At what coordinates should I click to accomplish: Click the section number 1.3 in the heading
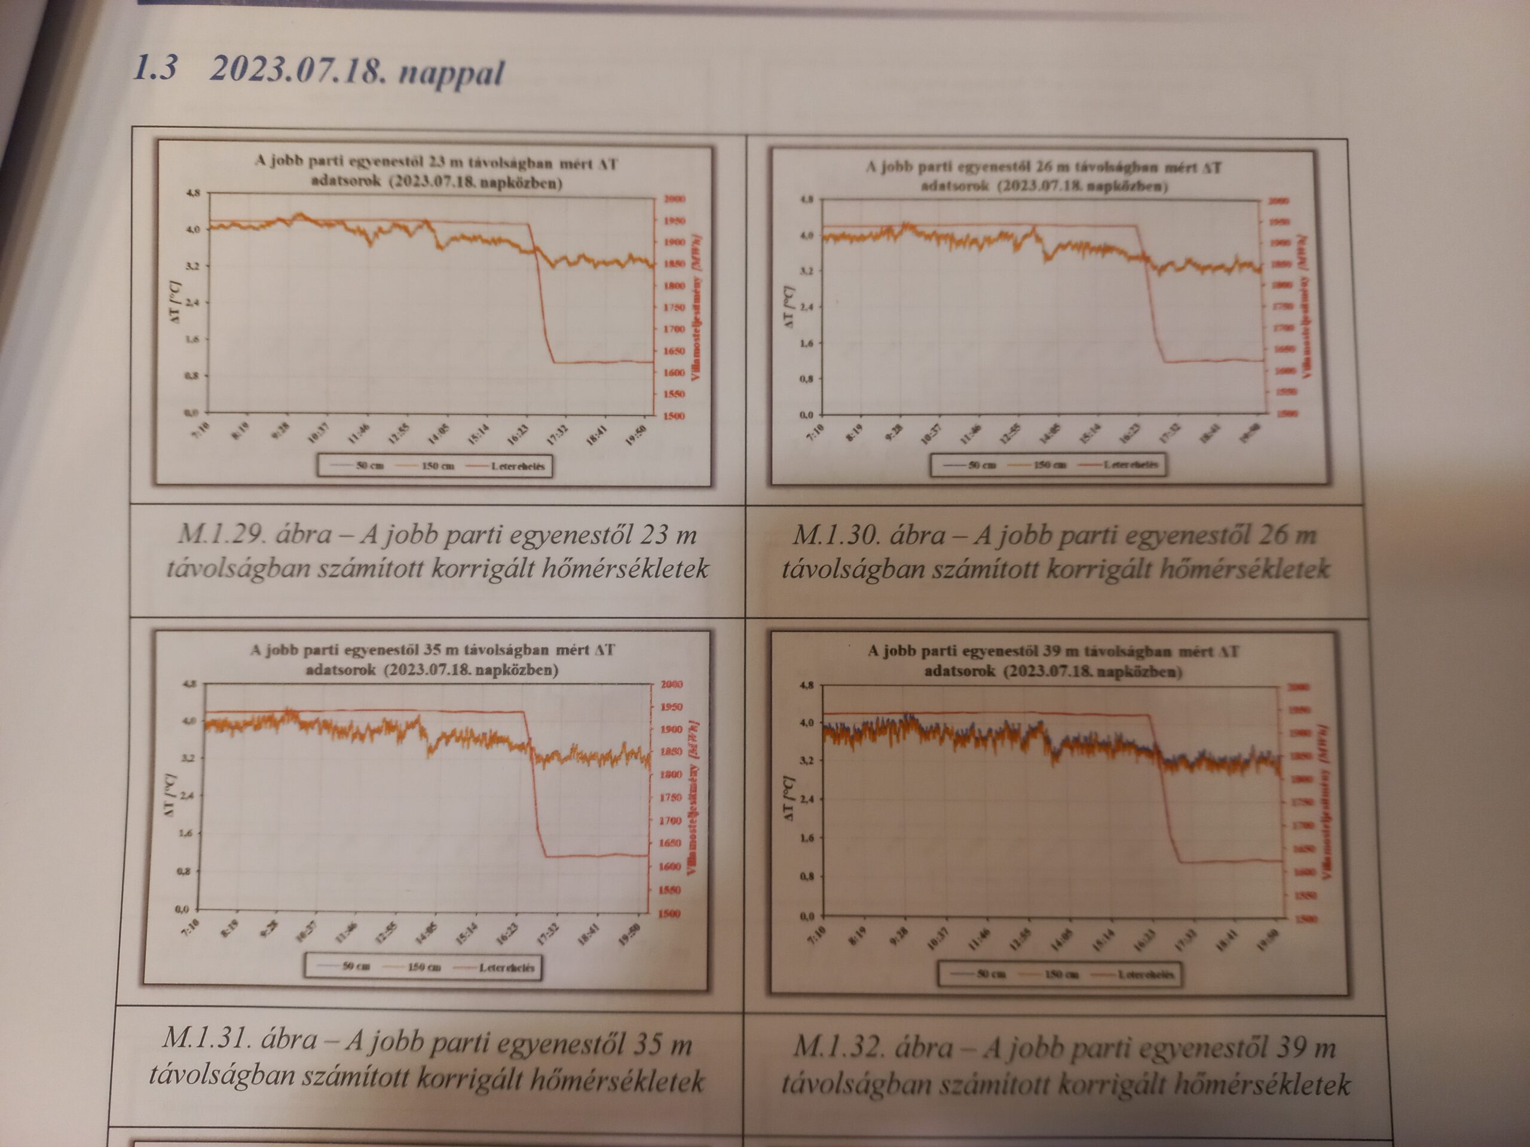154,69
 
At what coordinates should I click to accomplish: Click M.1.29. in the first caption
221,535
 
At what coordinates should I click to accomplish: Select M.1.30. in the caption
835,535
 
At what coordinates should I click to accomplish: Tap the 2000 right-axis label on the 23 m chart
674,199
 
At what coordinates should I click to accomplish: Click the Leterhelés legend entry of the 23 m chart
518,466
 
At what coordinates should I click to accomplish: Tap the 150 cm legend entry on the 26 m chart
1049,465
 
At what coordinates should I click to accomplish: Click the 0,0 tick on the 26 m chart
806,416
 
